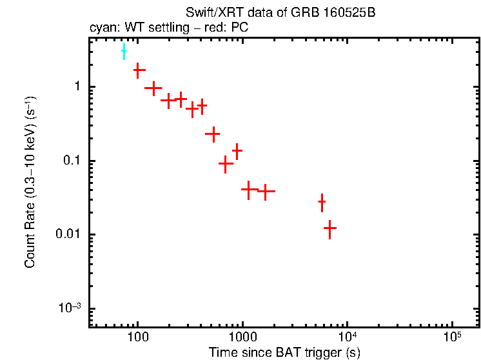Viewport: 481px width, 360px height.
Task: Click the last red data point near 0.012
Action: pyautogui.click(x=330, y=228)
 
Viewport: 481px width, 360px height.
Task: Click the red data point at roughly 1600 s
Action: pyautogui.click(x=265, y=191)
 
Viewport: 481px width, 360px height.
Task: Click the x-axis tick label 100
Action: pyautogui.click(x=137, y=338)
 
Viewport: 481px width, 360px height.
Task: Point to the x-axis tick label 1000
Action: pyautogui.click(x=242, y=338)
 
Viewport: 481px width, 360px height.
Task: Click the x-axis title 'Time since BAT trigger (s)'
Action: pyautogui.click(x=284, y=352)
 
